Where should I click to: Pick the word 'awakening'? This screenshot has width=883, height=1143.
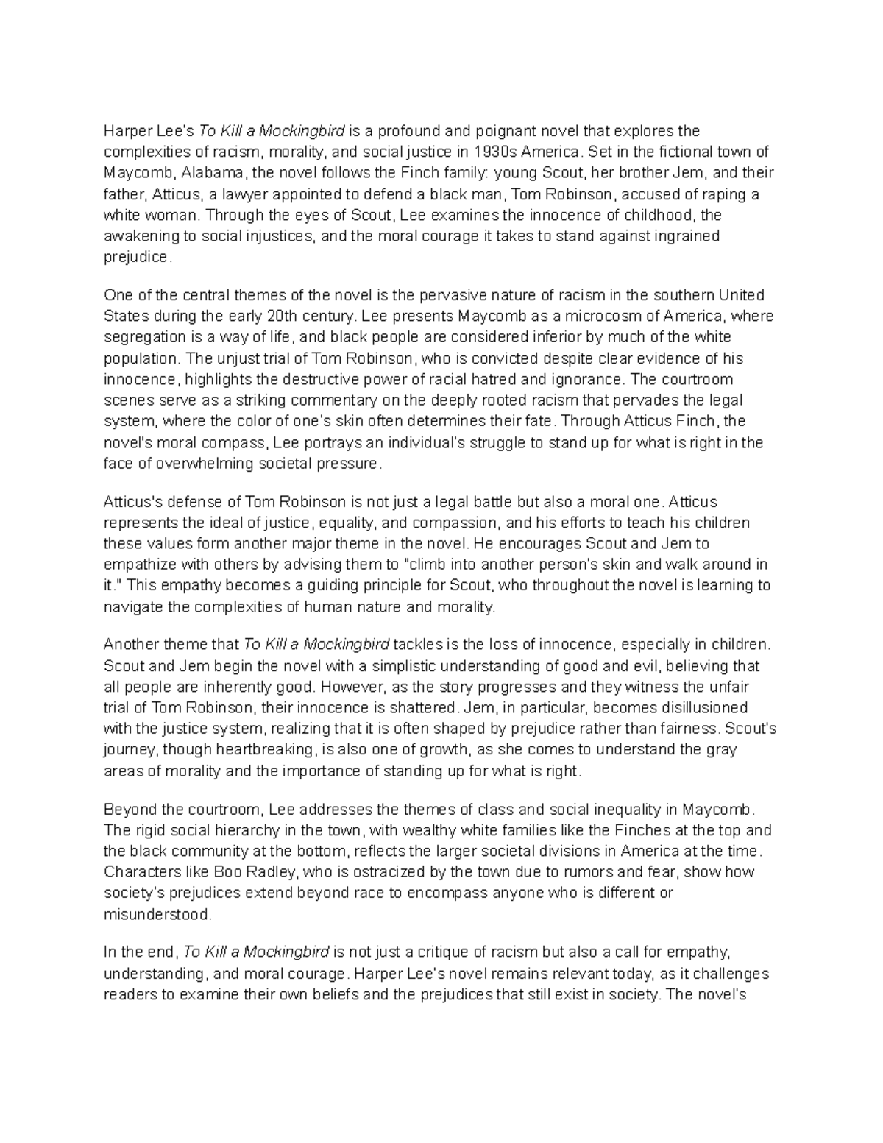(x=138, y=236)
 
